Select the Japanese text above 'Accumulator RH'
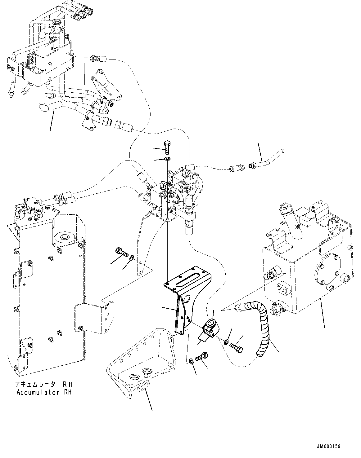pos(44,384)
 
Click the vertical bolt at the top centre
pos(167,147)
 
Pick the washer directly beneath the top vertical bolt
pos(167,159)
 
